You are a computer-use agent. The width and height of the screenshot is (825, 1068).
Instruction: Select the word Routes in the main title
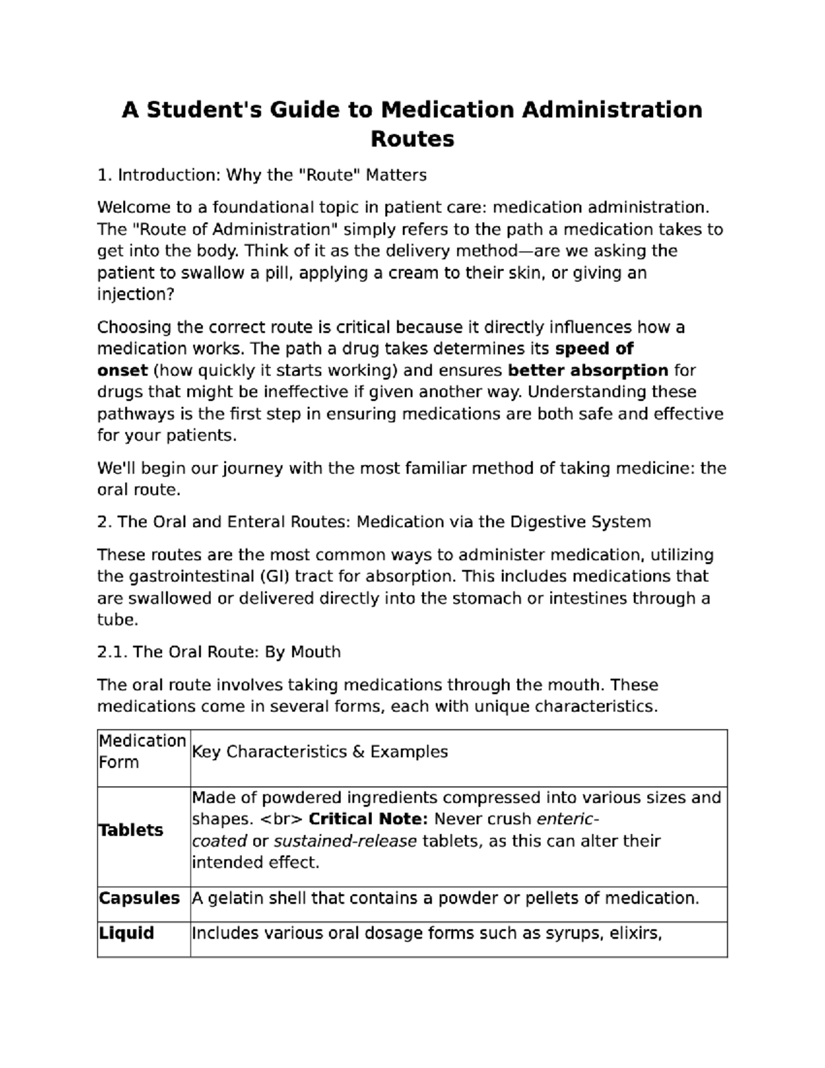[412, 139]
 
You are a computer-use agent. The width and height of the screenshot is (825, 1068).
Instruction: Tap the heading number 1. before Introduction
[104, 175]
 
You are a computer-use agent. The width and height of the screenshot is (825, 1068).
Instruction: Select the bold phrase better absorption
[588, 371]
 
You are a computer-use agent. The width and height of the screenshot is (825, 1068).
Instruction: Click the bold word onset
[122, 371]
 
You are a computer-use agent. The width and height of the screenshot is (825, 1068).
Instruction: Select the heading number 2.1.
[112, 652]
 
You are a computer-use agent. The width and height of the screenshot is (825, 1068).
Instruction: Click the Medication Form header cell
[142, 752]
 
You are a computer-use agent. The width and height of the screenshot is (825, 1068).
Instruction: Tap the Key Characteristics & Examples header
[320, 752]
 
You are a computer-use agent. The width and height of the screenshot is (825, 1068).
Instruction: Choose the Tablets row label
[131, 830]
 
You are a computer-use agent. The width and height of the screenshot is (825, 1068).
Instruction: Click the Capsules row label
[139, 898]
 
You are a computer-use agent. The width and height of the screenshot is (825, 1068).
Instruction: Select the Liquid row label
[126, 933]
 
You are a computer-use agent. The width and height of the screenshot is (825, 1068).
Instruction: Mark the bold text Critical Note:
[368, 819]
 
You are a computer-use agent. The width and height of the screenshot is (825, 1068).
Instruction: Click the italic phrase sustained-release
[345, 841]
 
